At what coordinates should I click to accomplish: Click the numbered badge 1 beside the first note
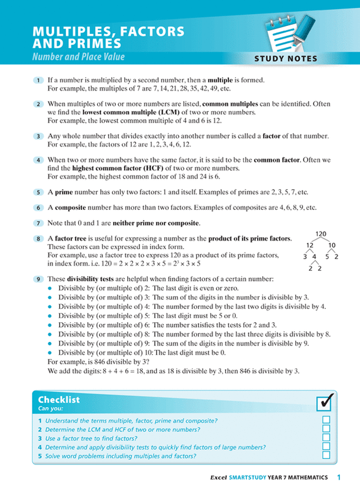tap(38, 80)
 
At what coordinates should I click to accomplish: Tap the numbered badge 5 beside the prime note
tap(38, 191)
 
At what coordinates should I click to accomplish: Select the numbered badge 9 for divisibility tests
tap(38, 278)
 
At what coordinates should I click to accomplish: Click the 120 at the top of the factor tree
tap(321, 234)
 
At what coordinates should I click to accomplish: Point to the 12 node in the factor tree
tap(309, 246)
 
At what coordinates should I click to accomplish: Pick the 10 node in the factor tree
tap(332, 246)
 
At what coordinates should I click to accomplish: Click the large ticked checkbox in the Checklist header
tap(325, 403)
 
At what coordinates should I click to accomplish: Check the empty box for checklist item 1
tap(326, 421)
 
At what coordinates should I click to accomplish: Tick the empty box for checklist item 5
tap(326, 455)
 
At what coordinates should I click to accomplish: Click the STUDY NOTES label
tap(285, 58)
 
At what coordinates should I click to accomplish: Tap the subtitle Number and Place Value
tap(78, 57)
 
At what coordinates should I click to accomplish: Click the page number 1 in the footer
tap(339, 477)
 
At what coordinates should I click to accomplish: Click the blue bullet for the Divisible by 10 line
tap(50, 353)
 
